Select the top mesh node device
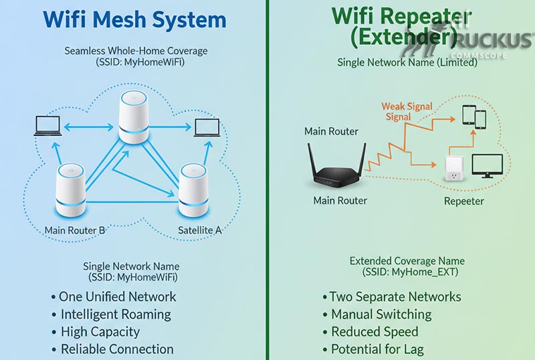[x=133, y=118]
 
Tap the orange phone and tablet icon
[x=474, y=118]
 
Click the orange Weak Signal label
[x=407, y=106]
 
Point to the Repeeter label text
[x=463, y=201]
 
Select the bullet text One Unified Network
[x=117, y=296]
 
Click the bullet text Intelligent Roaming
[x=116, y=314]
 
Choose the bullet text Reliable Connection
[x=117, y=349]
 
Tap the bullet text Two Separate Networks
[x=395, y=296]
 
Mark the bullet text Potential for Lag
[x=377, y=349]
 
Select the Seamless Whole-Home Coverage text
[x=136, y=51]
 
